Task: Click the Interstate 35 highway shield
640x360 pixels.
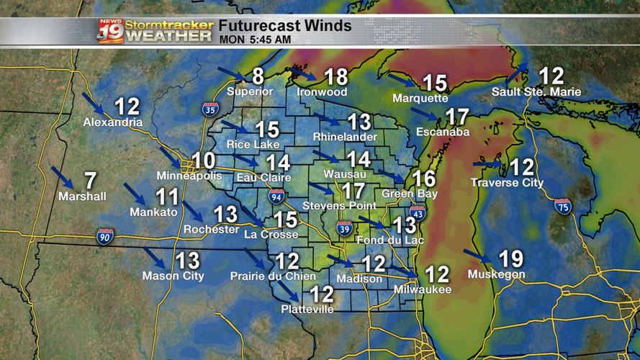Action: [210, 109]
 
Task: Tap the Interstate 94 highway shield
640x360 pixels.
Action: [276, 196]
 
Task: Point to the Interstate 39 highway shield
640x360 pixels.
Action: [345, 229]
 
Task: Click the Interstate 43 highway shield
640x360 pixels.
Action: [418, 213]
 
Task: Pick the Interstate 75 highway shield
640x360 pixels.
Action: [563, 207]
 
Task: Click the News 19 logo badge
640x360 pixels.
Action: [111, 30]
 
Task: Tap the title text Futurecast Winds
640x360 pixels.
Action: [285, 26]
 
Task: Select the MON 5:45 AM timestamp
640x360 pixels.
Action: [255, 40]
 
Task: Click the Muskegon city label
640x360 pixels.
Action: [496, 274]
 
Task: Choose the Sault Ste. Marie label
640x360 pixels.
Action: [536, 92]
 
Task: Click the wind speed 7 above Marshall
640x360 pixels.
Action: [90, 181]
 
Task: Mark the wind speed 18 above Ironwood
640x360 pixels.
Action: [335, 77]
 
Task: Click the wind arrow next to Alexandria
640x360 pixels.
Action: [94, 104]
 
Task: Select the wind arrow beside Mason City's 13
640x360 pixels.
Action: [155, 258]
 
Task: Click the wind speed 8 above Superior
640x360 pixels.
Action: [257, 76]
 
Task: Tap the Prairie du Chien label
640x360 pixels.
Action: [273, 276]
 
